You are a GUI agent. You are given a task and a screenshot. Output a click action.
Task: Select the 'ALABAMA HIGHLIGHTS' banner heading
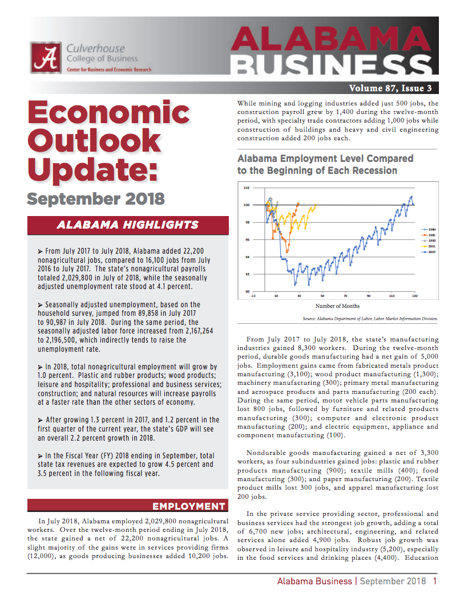(x=127, y=225)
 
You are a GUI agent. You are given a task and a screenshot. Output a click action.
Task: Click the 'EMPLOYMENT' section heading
(x=188, y=506)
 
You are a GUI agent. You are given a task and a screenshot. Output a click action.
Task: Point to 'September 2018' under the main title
(x=96, y=199)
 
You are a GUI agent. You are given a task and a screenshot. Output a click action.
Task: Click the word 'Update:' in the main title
(x=91, y=169)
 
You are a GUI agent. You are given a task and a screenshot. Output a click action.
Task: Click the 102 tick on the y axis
(x=246, y=188)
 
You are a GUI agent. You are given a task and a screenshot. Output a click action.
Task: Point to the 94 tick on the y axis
(x=247, y=257)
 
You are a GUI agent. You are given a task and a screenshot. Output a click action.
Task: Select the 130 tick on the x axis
(x=415, y=296)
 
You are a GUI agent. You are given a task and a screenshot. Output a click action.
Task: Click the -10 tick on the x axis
(x=253, y=296)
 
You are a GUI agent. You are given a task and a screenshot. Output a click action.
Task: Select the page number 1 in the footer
(x=435, y=581)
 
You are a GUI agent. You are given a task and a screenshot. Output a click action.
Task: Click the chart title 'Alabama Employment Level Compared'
(x=325, y=158)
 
